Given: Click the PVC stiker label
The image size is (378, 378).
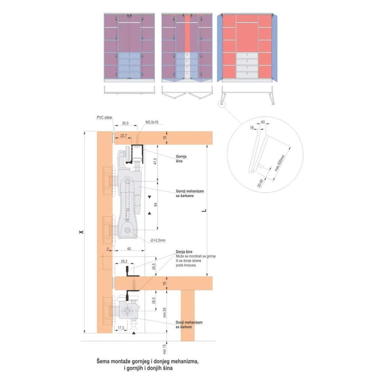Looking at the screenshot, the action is [104, 117].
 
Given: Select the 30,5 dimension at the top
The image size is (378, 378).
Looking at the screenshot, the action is [125, 123].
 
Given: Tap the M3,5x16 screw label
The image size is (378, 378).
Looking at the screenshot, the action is [152, 122].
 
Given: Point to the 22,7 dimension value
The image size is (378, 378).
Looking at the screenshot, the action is [124, 136].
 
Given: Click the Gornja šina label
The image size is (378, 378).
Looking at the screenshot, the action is [181, 159].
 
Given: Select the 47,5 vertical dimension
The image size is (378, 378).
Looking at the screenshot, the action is [155, 161].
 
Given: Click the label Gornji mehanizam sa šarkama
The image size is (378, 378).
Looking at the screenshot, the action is [190, 193].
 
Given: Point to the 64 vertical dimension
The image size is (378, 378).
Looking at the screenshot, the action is [155, 205].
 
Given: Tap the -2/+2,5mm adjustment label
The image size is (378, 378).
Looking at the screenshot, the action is [158, 240].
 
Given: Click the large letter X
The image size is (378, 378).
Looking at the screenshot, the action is [81, 232].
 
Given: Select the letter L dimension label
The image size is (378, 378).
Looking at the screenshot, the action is [204, 210].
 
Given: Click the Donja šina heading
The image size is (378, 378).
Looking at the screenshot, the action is [184, 252].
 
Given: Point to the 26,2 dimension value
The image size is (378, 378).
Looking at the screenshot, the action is [124, 261].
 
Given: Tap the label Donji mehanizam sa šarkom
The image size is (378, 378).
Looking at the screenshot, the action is [189, 324].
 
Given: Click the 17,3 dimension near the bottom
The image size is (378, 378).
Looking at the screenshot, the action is [121, 328].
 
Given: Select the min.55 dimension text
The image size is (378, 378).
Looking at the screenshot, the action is [165, 312].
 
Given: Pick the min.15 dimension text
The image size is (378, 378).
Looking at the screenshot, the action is [164, 349].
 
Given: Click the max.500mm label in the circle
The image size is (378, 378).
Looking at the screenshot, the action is [280, 163].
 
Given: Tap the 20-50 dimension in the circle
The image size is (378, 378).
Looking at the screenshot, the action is [260, 183].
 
